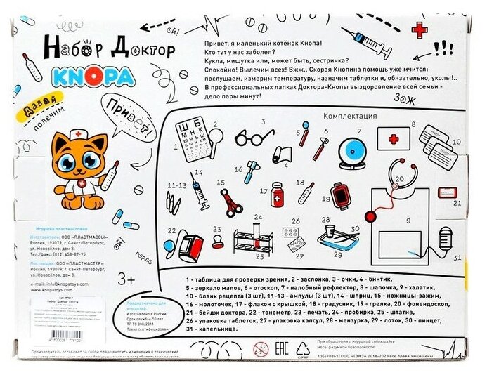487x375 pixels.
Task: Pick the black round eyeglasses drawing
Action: coord(248,139)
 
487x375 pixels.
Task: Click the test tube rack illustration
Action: coord(254,243)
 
